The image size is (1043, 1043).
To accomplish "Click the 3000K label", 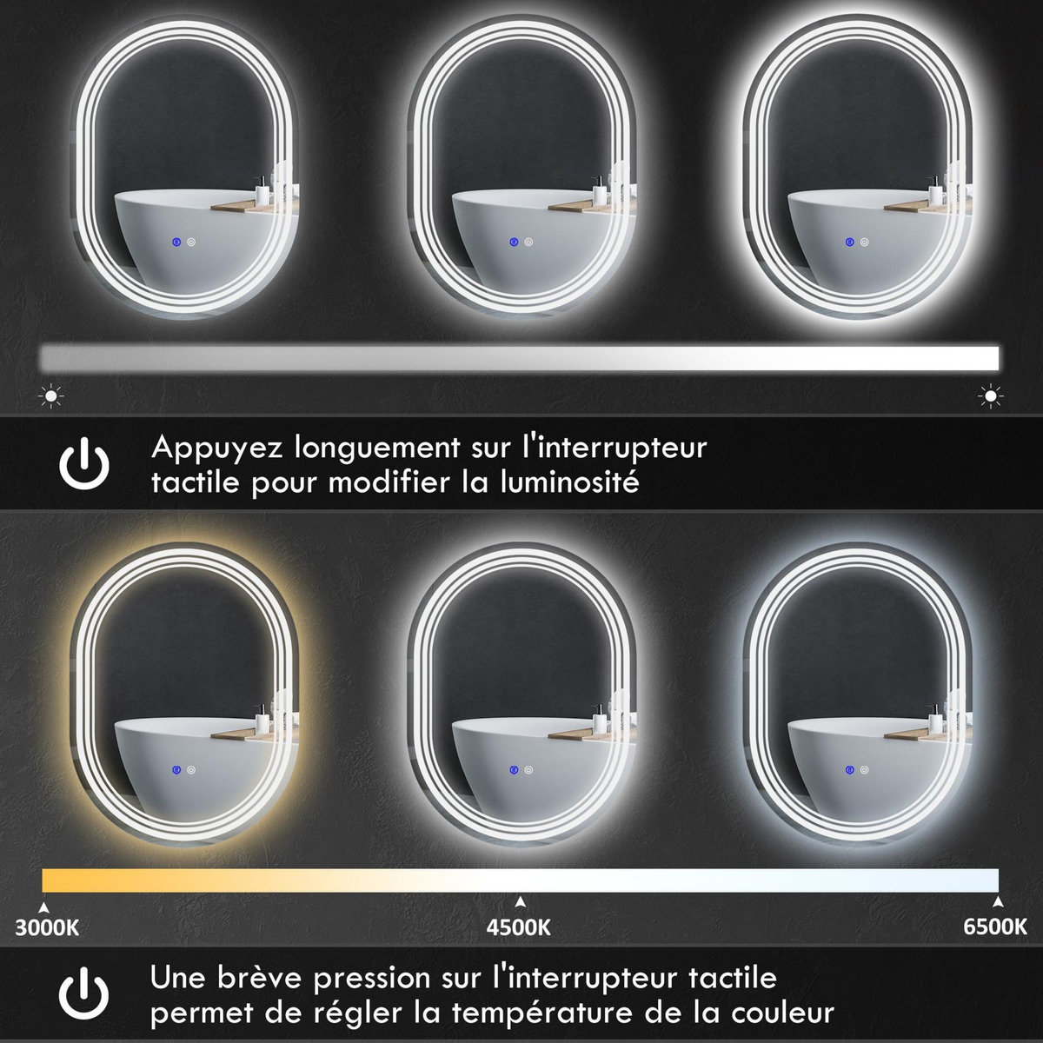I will pos(48,927).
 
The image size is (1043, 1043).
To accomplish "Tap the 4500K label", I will pos(520,927).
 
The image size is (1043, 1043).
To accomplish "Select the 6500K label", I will pos(995,927).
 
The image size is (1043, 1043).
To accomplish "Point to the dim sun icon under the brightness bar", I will pos(52,397).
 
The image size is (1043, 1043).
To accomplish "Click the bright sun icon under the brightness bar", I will pos(989,397).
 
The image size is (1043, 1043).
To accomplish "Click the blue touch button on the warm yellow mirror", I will pos(176,770).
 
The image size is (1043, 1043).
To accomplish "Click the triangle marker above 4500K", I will pos(520,901).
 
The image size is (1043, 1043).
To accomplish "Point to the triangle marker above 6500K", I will pos(998,901).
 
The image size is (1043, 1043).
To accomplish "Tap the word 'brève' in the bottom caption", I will pos(266,979).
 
